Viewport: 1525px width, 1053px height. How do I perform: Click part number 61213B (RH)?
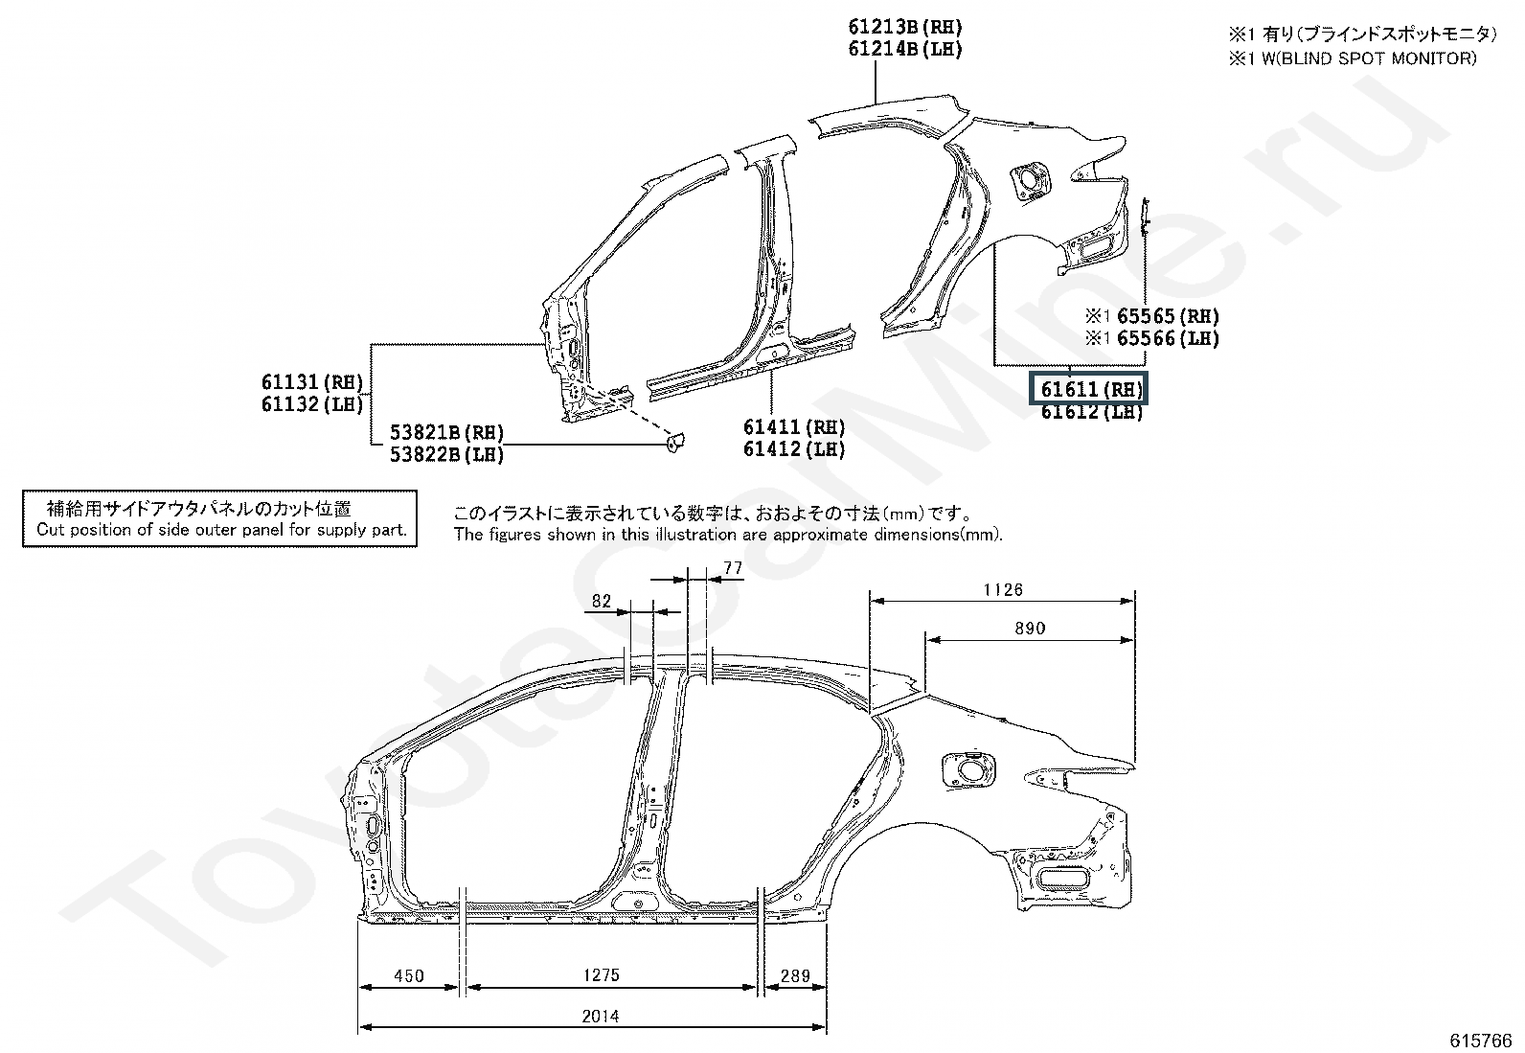click(905, 27)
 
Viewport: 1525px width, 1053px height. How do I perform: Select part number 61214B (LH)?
click(905, 49)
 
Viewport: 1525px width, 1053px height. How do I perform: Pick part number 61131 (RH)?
click(312, 382)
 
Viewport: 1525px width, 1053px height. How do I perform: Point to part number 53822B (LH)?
click(446, 454)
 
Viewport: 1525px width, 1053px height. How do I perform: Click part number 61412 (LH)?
click(794, 448)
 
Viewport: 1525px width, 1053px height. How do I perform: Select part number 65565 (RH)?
click(1168, 316)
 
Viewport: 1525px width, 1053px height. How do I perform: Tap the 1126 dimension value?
click(1003, 590)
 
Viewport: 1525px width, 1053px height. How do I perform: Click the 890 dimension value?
click(1030, 628)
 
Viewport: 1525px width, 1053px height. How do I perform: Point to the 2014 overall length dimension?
click(601, 1017)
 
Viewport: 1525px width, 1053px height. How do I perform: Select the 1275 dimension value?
click(602, 975)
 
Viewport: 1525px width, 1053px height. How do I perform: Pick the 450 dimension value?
click(408, 976)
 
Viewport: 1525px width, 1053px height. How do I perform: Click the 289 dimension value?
click(795, 976)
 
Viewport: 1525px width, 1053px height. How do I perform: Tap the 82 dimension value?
click(602, 601)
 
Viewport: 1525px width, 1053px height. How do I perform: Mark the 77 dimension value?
click(733, 568)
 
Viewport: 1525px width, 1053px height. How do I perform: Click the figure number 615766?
click(1481, 1040)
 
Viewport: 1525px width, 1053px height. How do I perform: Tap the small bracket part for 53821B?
click(674, 443)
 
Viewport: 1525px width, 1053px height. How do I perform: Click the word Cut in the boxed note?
click(51, 530)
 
